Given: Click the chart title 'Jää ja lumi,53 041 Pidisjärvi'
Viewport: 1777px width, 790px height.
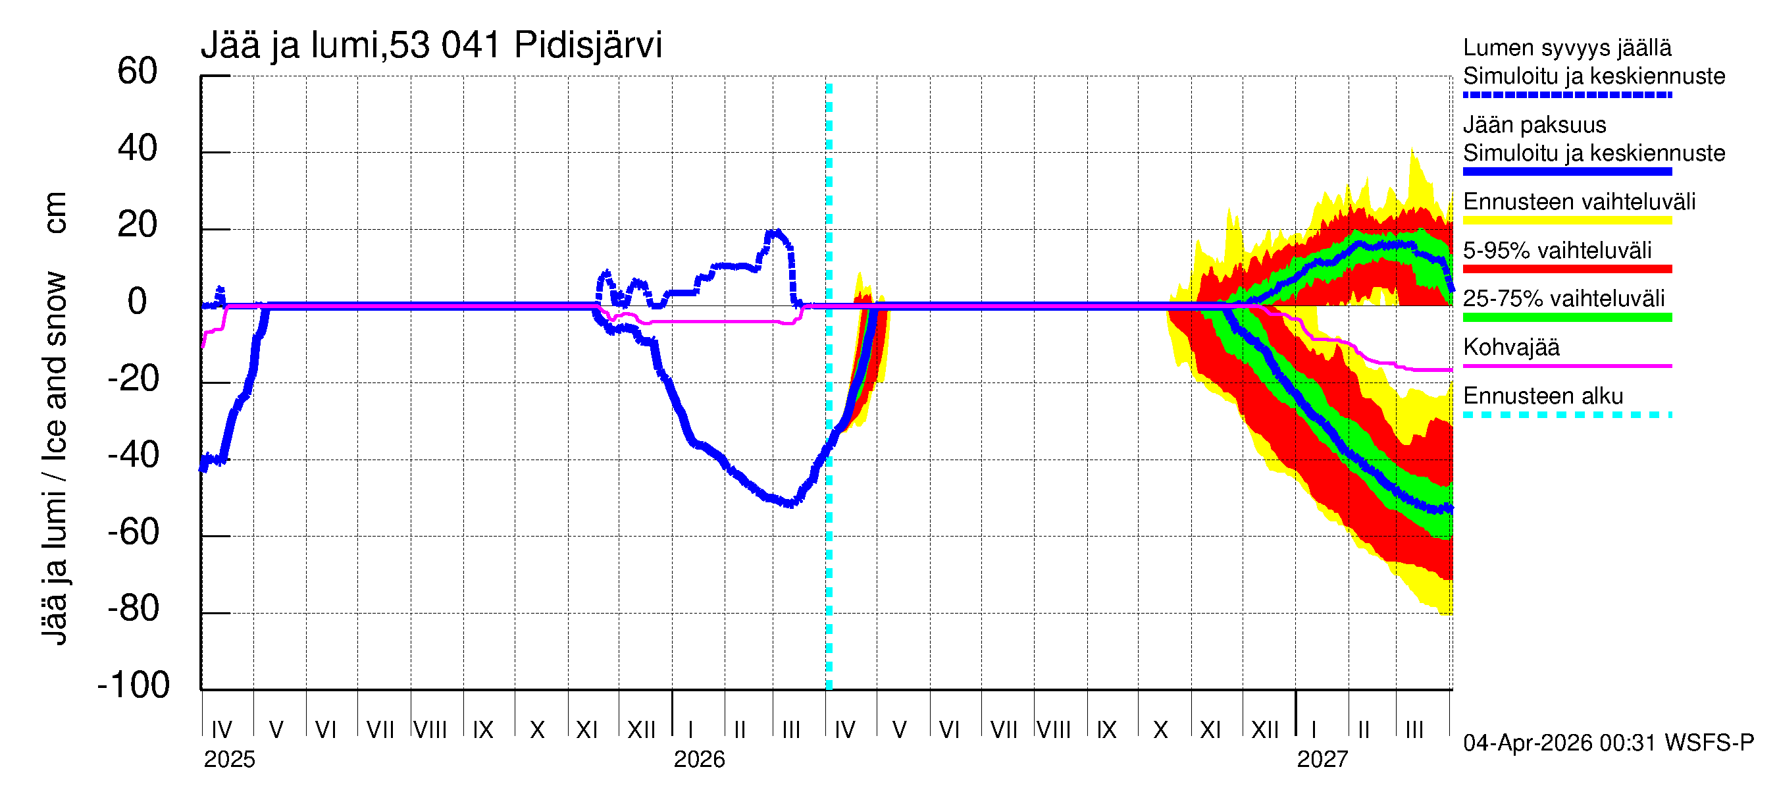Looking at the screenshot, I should coord(431,45).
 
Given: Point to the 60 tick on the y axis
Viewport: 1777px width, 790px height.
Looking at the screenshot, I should coord(138,71).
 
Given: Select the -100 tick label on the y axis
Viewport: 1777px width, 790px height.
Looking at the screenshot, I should coord(134,685).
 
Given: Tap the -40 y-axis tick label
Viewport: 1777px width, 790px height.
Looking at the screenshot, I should coord(134,456).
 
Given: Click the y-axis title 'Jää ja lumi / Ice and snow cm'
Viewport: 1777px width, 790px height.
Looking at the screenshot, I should coord(55,418).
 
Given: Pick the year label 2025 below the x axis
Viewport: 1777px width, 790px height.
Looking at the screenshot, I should coord(229,760).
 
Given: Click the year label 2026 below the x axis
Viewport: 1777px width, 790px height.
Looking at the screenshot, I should coord(699,760).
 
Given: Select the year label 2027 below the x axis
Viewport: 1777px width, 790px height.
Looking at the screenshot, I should coord(1322,760).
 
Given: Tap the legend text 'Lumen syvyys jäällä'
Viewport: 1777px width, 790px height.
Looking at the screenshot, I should coord(1566,48).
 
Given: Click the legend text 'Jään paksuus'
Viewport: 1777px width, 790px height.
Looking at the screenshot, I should coord(1534,125).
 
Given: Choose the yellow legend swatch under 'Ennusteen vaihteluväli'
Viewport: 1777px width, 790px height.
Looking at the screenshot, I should coord(1566,221).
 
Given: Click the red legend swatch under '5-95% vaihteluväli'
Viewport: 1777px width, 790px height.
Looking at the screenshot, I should coord(1566,269).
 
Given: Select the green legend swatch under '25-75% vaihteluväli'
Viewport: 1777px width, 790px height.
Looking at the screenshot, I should coord(1566,317).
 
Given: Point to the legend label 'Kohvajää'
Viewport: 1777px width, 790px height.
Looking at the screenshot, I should coord(1510,347).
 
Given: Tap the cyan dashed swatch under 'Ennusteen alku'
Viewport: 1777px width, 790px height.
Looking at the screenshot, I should coord(1566,415).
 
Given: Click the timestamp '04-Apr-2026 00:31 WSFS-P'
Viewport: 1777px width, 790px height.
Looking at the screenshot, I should coord(1608,743).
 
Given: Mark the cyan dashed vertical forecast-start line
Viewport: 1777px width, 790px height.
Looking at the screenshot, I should coord(829,552).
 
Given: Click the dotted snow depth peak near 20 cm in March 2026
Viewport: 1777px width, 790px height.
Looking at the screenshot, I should coord(777,232).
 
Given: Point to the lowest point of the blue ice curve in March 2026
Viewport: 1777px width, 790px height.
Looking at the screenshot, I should coord(790,504).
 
